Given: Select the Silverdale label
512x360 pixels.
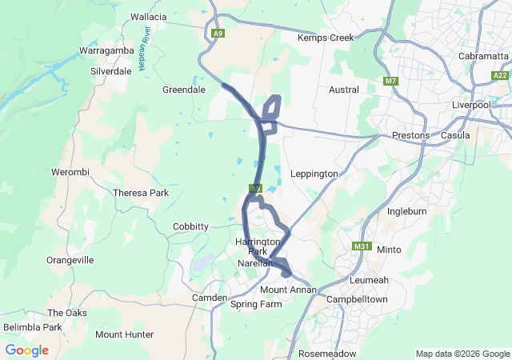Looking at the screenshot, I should coord(111,70).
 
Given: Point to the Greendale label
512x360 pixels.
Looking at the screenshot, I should coord(184,90).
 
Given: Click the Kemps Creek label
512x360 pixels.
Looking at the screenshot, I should coord(325,38).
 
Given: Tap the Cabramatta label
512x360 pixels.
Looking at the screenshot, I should coord(483,56).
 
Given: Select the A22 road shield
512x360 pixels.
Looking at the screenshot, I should coord(501,74).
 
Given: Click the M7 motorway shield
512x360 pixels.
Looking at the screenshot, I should coord(390,82).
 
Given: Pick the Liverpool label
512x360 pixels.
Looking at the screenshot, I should coord(470,105).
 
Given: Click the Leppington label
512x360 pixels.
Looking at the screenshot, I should coord(314,174).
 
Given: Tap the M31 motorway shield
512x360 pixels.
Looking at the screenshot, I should coord(362,246).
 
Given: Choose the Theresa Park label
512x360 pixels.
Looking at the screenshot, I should coord(141,193).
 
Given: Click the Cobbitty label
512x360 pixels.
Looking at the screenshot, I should coord(191,226).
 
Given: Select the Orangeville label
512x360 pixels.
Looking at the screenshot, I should coord(70,260).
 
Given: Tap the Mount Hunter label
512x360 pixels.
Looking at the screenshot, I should coord(124,334).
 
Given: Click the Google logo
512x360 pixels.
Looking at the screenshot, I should coord(26,350).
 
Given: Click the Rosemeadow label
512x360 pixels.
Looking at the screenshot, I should coord(326,353).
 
